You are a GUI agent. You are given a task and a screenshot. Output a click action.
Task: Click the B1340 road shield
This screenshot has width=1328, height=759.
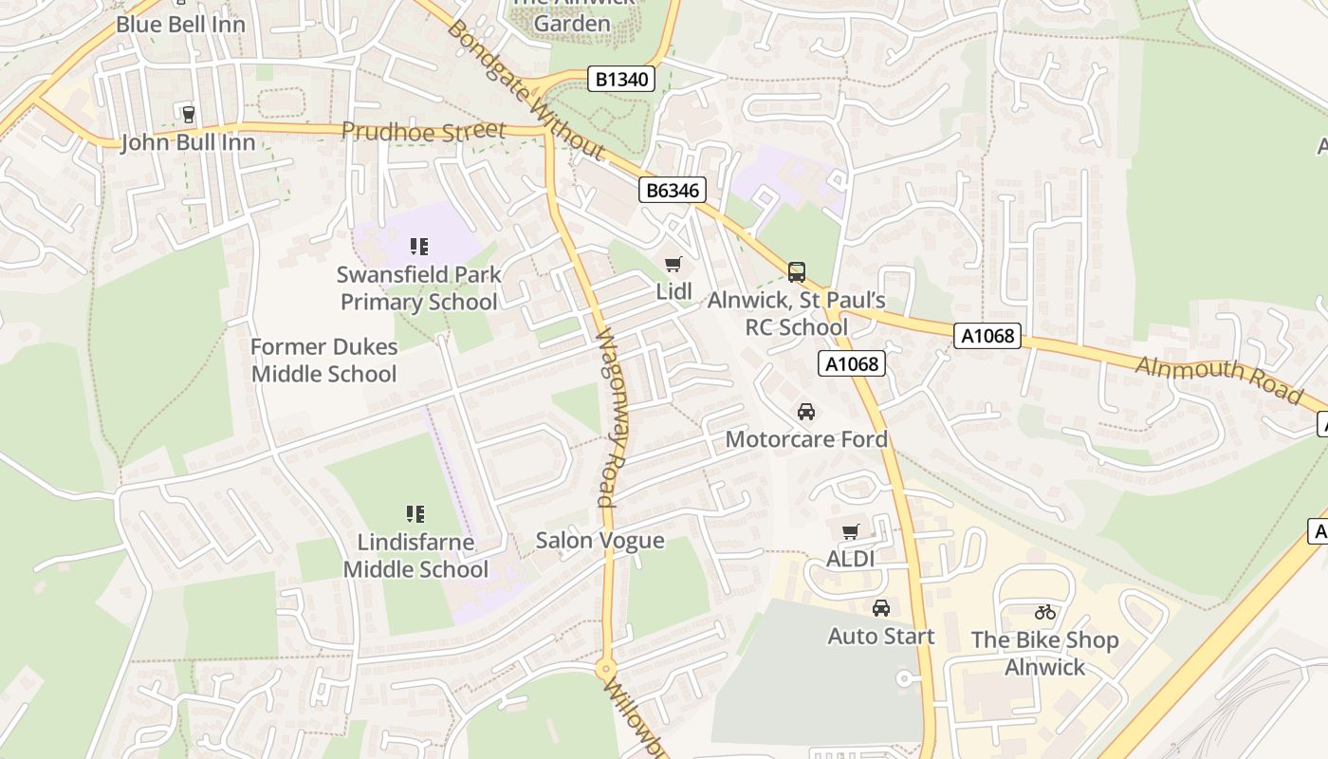tap(622, 79)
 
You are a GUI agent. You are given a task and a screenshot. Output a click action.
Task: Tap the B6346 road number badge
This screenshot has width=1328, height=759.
tap(672, 191)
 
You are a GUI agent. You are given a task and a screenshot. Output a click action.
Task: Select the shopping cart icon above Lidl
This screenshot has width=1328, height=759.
tap(673, 265)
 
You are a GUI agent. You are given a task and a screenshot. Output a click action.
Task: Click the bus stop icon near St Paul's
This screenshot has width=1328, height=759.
tap(797, 272)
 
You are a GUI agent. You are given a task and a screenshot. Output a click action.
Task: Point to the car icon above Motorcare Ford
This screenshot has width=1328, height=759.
tap(806, 412)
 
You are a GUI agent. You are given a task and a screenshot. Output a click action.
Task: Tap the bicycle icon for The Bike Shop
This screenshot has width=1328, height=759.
tap(1045, 612)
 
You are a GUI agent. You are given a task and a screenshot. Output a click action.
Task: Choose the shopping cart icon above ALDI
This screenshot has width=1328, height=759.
tap(850, 532)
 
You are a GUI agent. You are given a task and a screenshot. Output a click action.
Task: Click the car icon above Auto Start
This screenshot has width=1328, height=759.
tap(881, 608)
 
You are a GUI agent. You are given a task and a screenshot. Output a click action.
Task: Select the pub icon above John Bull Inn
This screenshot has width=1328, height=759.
tap(188, 115)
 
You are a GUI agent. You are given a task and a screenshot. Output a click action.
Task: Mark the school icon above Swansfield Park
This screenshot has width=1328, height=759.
tap(418, 248)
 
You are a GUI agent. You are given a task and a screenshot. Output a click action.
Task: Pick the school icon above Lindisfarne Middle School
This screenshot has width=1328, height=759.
tap(415, 514)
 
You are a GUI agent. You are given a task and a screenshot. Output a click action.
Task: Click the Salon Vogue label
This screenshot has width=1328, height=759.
tap(599, 541)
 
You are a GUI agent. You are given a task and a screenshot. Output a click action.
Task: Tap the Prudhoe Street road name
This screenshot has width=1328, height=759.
tap(423, 132)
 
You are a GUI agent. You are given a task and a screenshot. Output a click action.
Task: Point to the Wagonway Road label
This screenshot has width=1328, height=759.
tap(607, 417)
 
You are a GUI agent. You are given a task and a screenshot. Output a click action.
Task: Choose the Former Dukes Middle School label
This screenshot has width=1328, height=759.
tap(323, 361)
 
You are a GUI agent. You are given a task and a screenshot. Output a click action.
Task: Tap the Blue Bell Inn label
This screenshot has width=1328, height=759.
tap(180, 25)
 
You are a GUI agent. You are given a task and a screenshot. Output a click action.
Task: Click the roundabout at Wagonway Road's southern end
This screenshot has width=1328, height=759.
tap(606, 669)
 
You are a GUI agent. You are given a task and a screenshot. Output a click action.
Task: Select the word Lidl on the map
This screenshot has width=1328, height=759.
tap(673, 292)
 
